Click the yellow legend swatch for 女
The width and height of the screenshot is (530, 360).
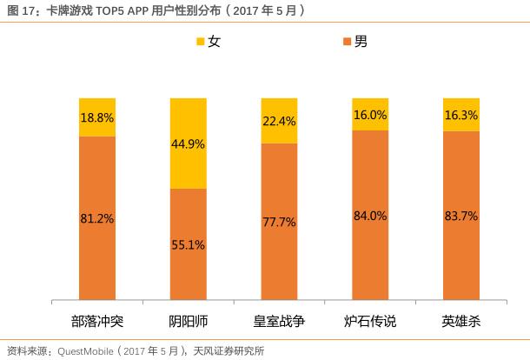pyautogui.click(x=200, y=42)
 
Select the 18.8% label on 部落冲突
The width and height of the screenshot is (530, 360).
pyautogui.click(x=97, y=117)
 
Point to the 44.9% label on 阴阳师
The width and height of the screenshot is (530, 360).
pyautogui.click(x=188, y=144)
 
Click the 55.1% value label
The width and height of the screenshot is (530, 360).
pyautogui.click(x=188, y=245)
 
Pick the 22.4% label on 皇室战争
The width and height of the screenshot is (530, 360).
pyautogui.click(x=279, y=121)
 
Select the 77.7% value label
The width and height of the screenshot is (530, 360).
pyautogui.click(x=279, y=222)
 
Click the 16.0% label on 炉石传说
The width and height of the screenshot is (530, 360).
pyautogui.click(x=369, y=115)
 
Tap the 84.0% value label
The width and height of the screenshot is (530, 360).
pyautogui.click(x=369, y=216)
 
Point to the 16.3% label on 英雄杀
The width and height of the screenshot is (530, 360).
pyautogui.click(x=460, y=115)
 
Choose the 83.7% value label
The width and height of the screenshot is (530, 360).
pyautogui.click(x=460, y=216)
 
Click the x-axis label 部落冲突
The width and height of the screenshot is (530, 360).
pyautogui.click(x=97, y=321)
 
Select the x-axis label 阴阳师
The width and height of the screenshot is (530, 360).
pyautogui.click(x=188, y=321)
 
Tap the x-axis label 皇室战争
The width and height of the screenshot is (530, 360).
pyautogui.click(x=279, y=321)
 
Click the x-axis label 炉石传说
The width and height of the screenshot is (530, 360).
pyautogui.click(x=369, y=321)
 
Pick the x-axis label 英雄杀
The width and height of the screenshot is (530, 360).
pyautogui.click(x=460, y=321)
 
